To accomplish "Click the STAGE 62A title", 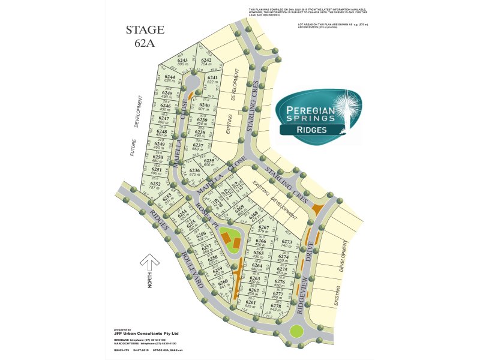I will click(x=145, y=36).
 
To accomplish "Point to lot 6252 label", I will click(x=155, y=185).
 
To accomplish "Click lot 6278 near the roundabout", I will click(x=275, y=308).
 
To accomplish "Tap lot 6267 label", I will click(x=263, y=229).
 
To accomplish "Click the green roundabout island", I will click(x=296, y=330).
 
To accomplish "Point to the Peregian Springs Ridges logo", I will click(x=319, y=114).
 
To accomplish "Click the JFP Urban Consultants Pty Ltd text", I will click(x=146, y=334).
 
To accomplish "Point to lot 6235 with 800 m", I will click(x=209, y=163).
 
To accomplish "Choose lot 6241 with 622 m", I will click(x=212, y=79).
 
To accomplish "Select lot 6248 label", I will click(x=161, y=133).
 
